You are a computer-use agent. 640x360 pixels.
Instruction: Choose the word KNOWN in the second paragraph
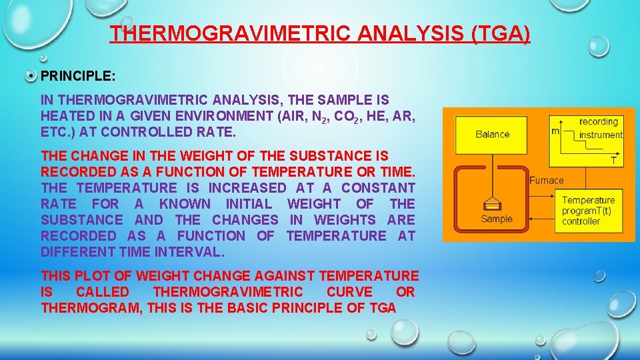pyautogui.click(x=185, y=204)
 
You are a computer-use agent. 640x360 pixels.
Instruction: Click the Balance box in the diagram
pyautogui.click(x=493, y=133)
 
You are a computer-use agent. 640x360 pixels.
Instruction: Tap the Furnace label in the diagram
pyautogui.click(x=547, y=180)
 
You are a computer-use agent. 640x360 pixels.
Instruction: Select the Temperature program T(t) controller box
pyautogui.click(x=589, y=211)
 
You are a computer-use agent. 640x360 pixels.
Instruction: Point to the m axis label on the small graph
pyautogui.click(x=555, y=131)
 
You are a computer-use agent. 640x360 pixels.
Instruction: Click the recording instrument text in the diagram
pyautogui.click(x=599, y=128)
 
